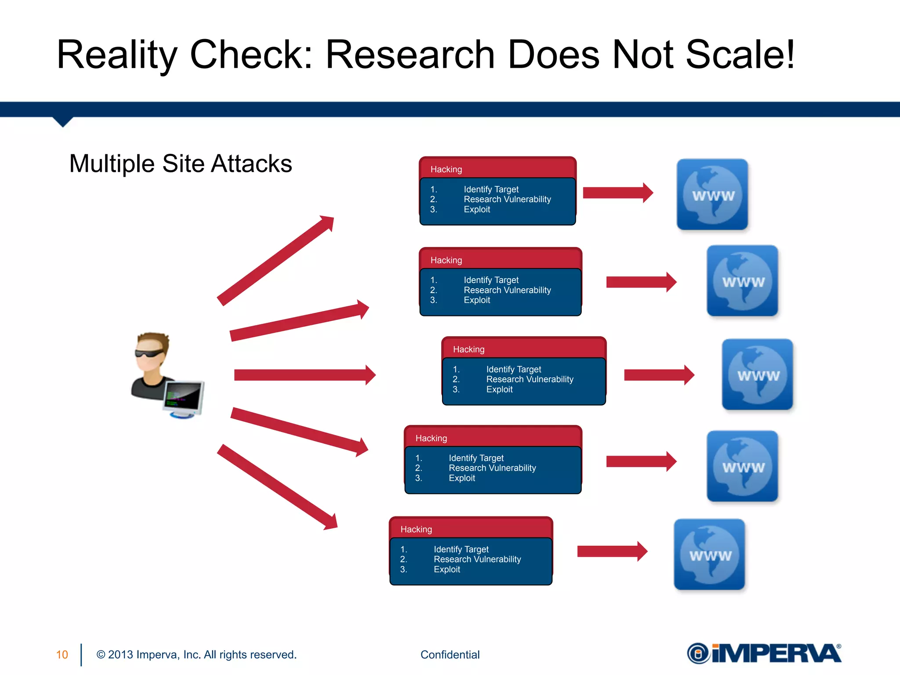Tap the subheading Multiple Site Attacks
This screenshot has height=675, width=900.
tap(181, 163)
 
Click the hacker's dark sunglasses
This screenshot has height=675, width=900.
tap(150, 352)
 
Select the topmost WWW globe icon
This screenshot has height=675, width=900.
tap(712, 194)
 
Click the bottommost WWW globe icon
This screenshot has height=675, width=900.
tap(709, 554)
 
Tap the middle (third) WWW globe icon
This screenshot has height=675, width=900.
tap(758, 374)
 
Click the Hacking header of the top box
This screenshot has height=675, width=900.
tap(446, 169)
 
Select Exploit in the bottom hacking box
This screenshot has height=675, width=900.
tap(447, 570)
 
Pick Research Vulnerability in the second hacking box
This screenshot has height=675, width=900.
tap(507, 290)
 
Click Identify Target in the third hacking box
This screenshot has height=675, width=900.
tap(513, 370)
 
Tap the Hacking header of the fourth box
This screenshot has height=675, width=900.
tap(431, 438)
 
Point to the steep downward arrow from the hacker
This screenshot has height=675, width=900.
tap(277, 486)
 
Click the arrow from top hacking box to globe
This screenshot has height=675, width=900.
tap(617, 192)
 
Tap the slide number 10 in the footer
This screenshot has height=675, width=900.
tap(62, 655)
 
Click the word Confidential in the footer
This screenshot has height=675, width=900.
tap(450, 655)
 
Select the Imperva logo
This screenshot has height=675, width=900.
tap(764, 653)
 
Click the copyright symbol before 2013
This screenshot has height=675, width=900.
tap(101, 655)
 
